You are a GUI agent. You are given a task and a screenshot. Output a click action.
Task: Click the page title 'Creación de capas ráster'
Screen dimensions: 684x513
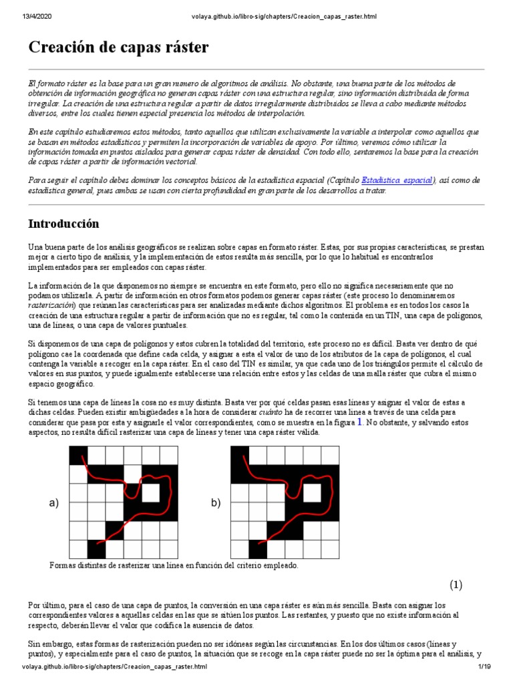pyautogui.click(x=118, y=47)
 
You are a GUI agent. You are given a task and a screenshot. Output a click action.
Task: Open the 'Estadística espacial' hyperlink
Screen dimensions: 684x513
pyautogui.click(x=397, y=180)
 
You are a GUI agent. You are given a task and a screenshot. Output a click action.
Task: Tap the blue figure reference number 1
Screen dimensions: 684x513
pyautogui.click(x=360, y=421)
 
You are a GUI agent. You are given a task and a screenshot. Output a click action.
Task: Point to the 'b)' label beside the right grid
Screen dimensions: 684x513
pyautogui.click(x=215, y=503)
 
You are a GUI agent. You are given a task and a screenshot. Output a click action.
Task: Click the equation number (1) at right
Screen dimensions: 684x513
pyautogui.click(x=456, y=584)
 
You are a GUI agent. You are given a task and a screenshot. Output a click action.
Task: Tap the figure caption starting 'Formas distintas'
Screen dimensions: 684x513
pyautogui.click(x=174, y=565)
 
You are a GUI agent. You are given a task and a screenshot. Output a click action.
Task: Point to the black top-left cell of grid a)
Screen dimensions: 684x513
pyautogui.click(x=79, y=456)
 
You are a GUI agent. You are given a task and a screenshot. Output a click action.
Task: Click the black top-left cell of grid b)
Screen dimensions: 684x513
pyautogui.click(x=240, y=456)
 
